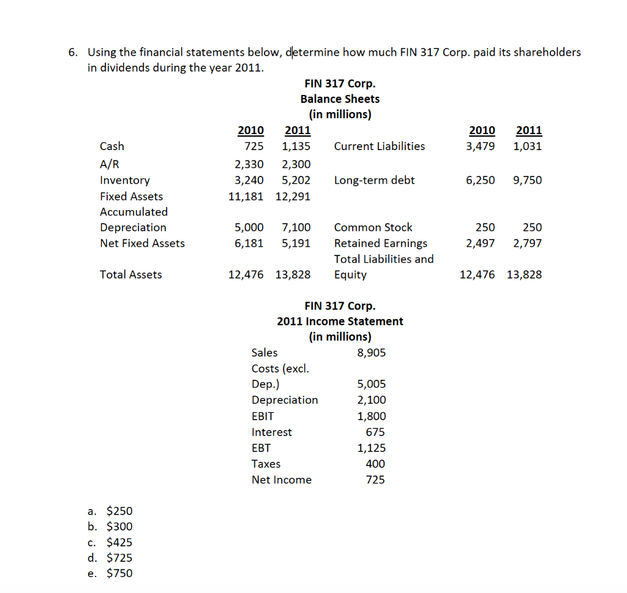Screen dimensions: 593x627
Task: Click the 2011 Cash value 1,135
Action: point(296,146)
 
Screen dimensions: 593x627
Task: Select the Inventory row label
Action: point(125,180)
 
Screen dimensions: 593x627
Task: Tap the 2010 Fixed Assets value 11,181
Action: point(246,196)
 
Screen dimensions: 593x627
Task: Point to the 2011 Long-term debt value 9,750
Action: point(527,180)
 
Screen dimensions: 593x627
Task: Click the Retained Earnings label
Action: point(381,243)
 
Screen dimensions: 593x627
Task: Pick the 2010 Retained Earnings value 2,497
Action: point(481,243)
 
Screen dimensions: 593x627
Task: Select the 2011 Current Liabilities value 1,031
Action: point(527,146)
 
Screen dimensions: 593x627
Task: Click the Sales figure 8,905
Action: point(371,352)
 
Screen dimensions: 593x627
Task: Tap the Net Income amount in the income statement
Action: point(375,480)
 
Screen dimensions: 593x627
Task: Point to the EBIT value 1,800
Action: point(371,416)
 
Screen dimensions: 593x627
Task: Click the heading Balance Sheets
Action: point(340,99)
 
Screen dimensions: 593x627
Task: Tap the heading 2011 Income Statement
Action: point(340,321)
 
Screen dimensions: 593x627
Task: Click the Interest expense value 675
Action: point(375,432)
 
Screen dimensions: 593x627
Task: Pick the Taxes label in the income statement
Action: point(266,464)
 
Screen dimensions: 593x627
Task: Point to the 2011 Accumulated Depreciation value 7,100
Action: point(296,227)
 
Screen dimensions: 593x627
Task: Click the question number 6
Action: point(72,52)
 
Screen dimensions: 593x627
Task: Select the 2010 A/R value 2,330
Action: point(249,164)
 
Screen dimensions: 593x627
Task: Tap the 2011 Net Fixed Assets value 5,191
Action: point(296,243)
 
